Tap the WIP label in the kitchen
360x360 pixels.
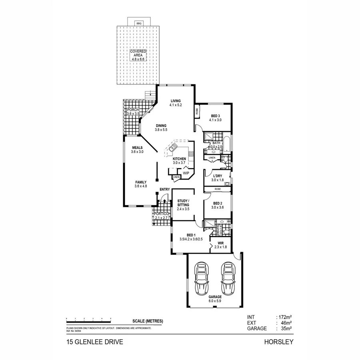(x=186, y=173)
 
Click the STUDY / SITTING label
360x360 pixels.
(x=183, y=203)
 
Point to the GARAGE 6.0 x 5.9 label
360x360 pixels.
(x=215, y=298)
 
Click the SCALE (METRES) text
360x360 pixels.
(x=148, y=321)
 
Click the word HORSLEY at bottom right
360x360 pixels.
(x=279, y=342)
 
